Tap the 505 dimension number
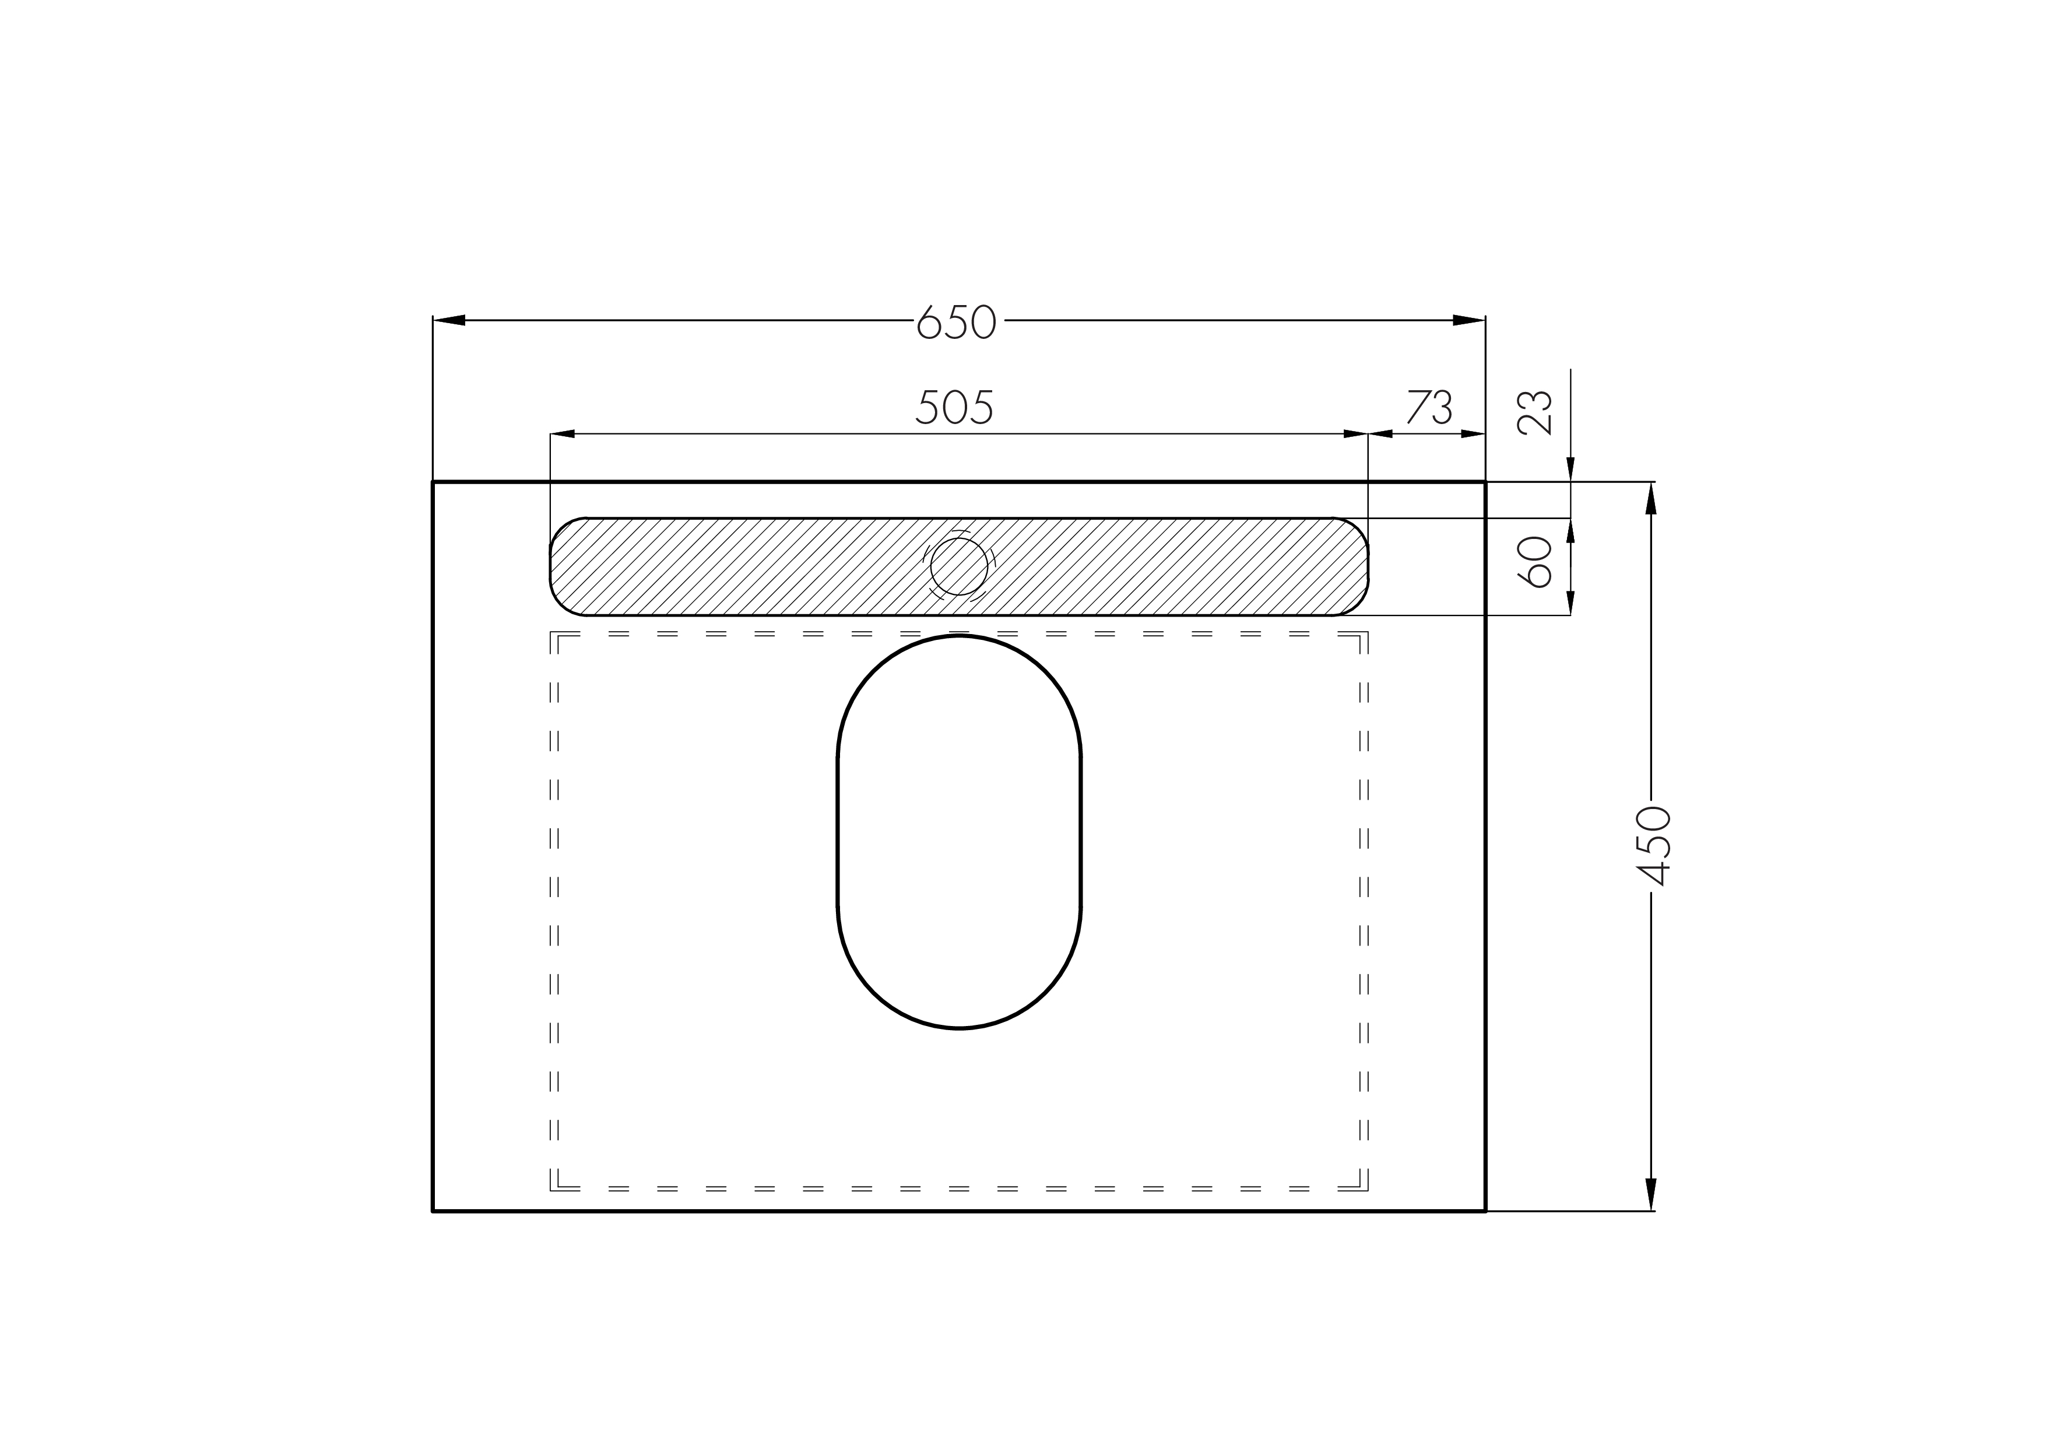954,408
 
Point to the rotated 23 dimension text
1535,412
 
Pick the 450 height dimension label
1653,846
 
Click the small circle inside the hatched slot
960,566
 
